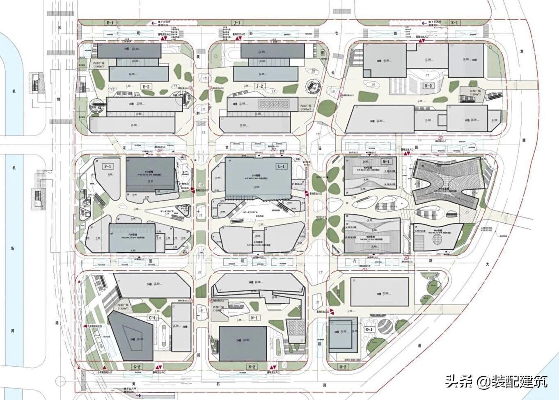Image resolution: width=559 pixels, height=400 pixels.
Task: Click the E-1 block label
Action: tap(110, 23)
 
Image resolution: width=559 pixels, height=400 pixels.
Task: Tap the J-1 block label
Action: tap(237, 23)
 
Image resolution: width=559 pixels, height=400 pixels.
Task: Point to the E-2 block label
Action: tap(146, 87)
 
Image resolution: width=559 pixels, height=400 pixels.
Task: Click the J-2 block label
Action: tap(259, 87)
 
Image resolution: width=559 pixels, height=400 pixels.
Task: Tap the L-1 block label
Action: tap(282, 166)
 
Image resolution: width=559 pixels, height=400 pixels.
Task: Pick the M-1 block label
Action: tap(386, 162)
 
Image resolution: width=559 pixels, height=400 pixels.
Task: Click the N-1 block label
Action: tap(254, 318)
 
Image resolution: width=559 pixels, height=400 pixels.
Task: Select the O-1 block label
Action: tap(369, 329)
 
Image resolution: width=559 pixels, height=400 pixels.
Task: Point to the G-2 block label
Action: tap(137, 367)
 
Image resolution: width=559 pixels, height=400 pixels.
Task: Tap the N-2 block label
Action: tap(251, 367)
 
